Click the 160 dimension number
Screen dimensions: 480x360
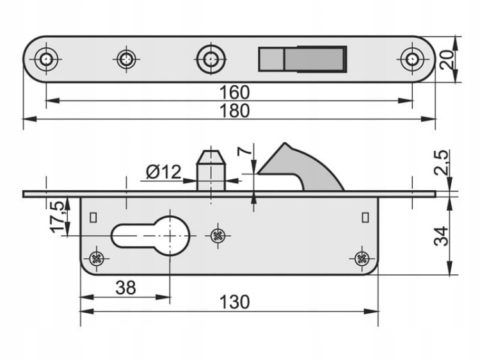234,92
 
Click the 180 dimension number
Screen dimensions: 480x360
234,111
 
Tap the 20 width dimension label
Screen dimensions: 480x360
447,60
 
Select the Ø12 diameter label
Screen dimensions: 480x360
163,172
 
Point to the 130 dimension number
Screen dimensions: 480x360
234,302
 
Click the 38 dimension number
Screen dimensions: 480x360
125,288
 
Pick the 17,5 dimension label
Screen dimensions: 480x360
58,217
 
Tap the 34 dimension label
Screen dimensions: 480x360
442,236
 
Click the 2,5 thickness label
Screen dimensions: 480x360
442,162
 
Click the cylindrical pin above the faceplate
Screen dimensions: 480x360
211,170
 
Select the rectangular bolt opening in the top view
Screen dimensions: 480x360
303,59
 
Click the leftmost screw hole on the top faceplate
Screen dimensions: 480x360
46,59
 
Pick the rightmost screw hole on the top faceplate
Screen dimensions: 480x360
412,59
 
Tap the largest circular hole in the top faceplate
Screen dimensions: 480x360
211,59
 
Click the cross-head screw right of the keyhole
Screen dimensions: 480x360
218,236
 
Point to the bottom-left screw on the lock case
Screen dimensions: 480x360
97,259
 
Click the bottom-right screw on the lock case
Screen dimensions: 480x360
362,259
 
